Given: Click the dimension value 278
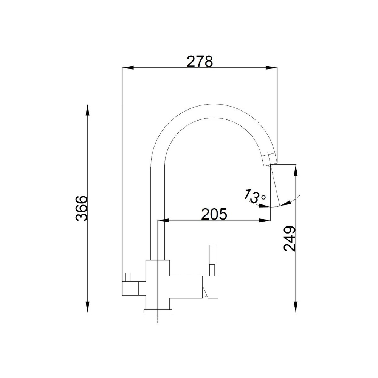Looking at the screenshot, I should pos(200,61).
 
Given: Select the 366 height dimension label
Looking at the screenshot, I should pos(81,209).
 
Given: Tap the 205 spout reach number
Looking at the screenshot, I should pos(214,214).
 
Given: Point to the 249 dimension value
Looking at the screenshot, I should pos(290,239).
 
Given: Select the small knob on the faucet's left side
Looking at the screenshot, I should pos(128,276).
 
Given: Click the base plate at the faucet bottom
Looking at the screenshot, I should pos(157,311).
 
